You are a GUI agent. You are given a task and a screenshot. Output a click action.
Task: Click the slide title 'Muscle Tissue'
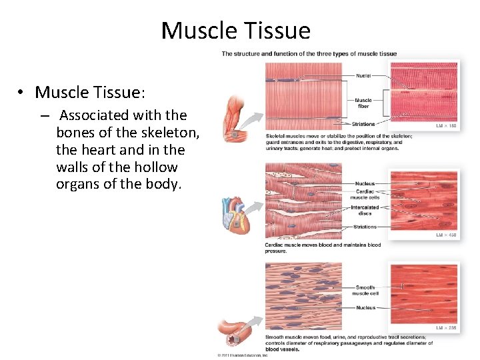tap(235, 31)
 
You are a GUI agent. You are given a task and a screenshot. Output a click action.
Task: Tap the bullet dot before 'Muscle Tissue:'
tap(22, 92)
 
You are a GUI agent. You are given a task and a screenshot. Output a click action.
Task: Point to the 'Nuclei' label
tap(363, 76)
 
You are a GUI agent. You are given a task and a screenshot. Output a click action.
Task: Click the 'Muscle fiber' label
tap(363, 103)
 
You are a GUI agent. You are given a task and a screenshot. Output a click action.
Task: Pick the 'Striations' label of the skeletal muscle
tap(364, 124)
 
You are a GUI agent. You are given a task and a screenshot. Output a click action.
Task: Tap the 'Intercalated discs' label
tap(365, 210)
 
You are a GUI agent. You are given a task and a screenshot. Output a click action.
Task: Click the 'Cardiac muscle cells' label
tap(365, 194)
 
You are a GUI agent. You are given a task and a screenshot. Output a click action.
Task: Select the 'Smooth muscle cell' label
tap(365, 290)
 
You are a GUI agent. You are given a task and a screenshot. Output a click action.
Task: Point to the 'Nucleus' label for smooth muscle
tap(365, 308)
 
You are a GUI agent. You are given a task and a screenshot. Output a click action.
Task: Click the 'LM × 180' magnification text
tap(446, 126)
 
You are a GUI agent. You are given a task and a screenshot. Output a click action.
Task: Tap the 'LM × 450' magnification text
tap(446, 235)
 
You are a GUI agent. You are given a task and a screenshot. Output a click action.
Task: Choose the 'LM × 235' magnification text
tap(446, 328)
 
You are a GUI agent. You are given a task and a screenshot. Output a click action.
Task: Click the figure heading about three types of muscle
tap(309, 54)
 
